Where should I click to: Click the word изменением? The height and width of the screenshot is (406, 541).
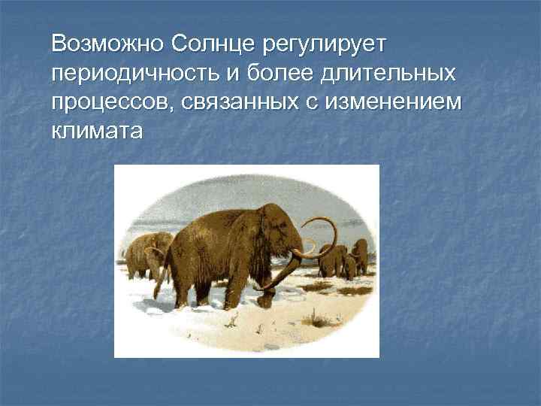point(392,102)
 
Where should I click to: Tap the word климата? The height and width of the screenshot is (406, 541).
point(97,132)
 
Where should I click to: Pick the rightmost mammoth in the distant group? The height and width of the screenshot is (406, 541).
point(360,258)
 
